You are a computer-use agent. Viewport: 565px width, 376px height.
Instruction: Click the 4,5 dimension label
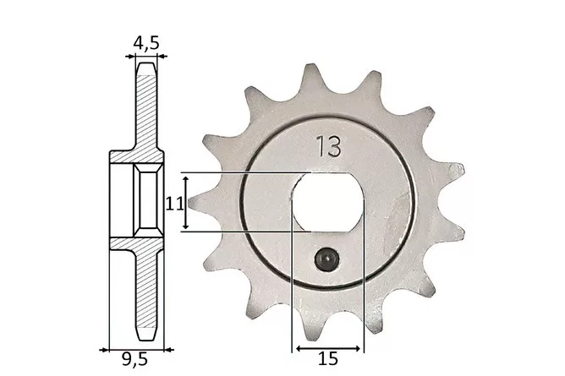(x=146, y=43)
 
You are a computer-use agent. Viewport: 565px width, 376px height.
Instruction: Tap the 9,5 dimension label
(x=134, y=359)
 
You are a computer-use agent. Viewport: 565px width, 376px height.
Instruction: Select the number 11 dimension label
(x=174, y=204)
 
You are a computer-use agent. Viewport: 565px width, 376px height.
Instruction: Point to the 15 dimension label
(x=328, y=359)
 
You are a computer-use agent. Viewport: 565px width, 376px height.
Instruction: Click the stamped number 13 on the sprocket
(x=328, y=146)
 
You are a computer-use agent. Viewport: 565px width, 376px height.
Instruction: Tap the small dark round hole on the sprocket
(x=326, y=259)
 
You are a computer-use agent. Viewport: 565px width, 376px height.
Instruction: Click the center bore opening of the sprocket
(x=327, y=202)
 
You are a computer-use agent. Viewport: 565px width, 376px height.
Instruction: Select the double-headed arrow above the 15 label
(x=328, y=348)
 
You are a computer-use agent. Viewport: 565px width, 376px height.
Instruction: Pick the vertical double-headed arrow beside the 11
(x=185, y=203)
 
